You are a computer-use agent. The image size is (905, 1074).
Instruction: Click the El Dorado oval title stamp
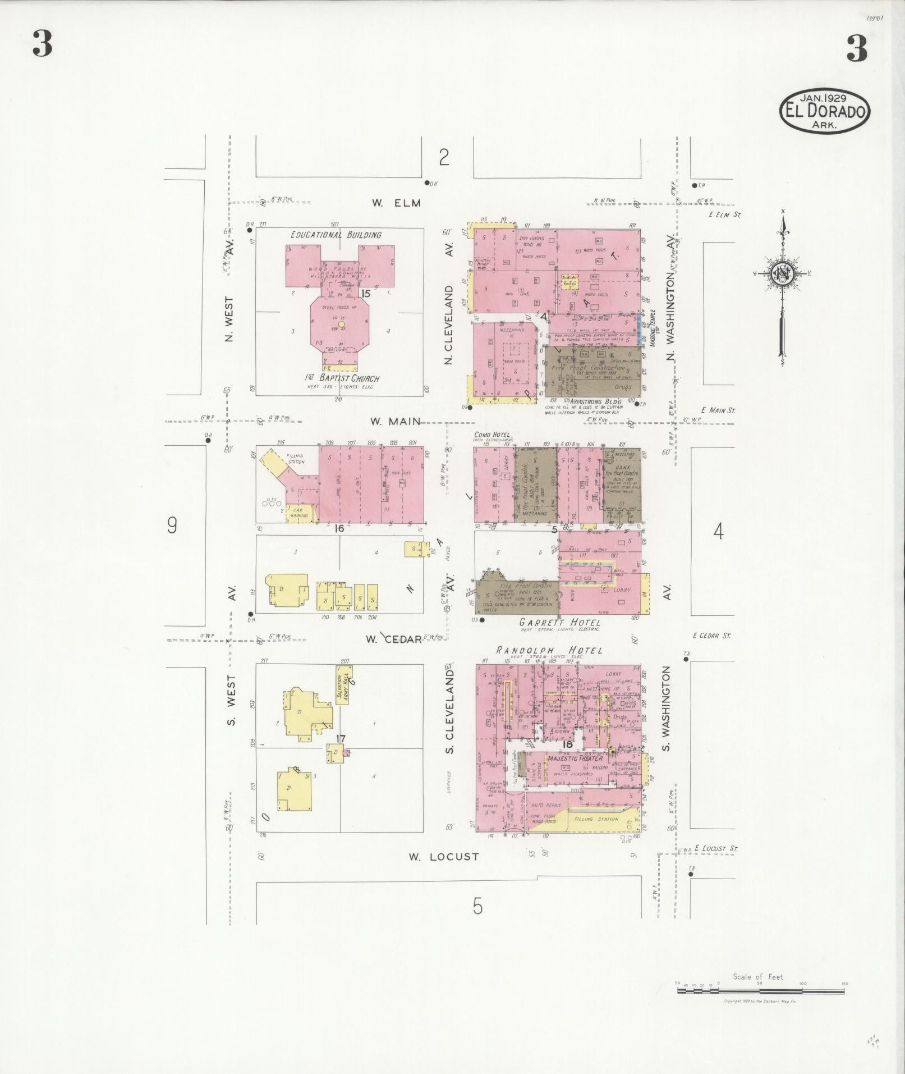click(x=824, y=111)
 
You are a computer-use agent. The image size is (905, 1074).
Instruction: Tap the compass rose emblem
click(x=781, y=273)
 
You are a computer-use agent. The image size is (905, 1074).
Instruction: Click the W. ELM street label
click(x=396, y=203)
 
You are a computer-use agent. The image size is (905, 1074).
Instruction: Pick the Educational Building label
click(x=336, y=235)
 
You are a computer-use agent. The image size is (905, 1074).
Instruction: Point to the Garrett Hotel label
click(x=559, y=623)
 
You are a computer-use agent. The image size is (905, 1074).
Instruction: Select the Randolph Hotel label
click(x=549, y=650)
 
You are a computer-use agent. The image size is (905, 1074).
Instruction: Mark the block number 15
click(x=366, y=294)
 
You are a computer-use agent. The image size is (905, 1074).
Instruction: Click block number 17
click(x=340, y=739)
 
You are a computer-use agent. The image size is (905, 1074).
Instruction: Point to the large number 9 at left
click(x=172, y=525)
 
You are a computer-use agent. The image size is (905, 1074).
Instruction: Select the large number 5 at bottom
click(x=477, y=906)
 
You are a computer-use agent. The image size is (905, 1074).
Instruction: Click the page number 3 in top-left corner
click(x=42, y=44)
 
